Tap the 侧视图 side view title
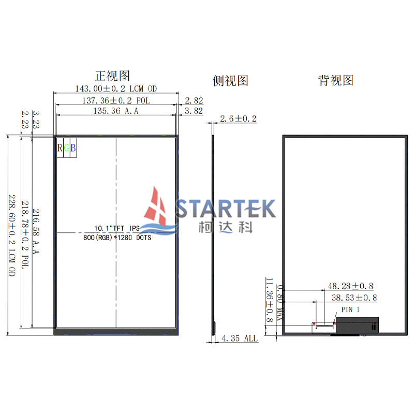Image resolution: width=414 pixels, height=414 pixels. coord(231,81)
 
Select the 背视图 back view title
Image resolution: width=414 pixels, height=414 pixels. coord(336,81)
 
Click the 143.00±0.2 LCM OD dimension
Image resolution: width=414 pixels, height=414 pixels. coord(116,89)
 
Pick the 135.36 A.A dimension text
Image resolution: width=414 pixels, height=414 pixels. coord(116,111)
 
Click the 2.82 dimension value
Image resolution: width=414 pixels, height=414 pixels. coord(194,100)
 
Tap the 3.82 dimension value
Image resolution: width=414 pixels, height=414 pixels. coord(194,111)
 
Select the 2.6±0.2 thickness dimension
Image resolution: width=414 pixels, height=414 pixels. coord(239,119)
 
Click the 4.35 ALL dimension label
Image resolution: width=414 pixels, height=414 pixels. coord(239,338)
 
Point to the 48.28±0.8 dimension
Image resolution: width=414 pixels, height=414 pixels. coord(350,286)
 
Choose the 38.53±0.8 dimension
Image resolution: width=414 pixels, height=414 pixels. coord(354,298)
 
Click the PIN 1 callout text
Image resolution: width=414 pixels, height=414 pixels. coord(350,309)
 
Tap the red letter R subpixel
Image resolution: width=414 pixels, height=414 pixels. coord(60,149)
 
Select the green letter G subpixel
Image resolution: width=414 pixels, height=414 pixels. coord(66,149)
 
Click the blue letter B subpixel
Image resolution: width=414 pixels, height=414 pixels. coord(73,149)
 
